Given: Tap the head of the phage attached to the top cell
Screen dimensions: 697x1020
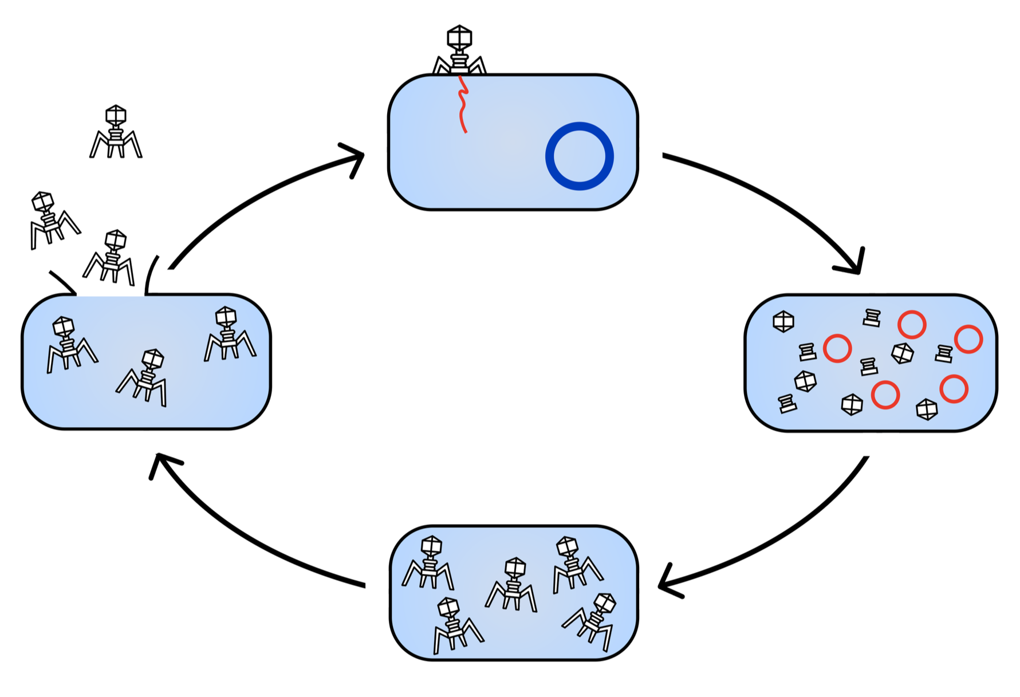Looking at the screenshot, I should [459, 37].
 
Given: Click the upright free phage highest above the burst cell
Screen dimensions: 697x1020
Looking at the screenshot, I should [116, 132].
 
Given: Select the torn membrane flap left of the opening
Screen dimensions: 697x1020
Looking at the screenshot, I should [63, 282].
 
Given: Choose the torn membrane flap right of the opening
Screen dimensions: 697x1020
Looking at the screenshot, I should [151, 275].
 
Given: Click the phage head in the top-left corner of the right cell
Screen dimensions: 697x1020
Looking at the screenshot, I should [783, 321].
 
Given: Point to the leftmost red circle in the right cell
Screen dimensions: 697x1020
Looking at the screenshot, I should [837, 348].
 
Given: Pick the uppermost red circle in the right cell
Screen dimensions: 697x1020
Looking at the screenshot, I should [912, 325].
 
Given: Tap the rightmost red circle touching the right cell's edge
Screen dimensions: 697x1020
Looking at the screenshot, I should [968, 339].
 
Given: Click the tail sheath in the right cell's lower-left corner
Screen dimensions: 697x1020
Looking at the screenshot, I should [787, 404].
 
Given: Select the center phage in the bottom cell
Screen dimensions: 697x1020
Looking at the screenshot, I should [512, 584].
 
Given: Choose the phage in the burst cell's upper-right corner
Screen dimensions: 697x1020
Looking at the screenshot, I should [229, 334].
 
